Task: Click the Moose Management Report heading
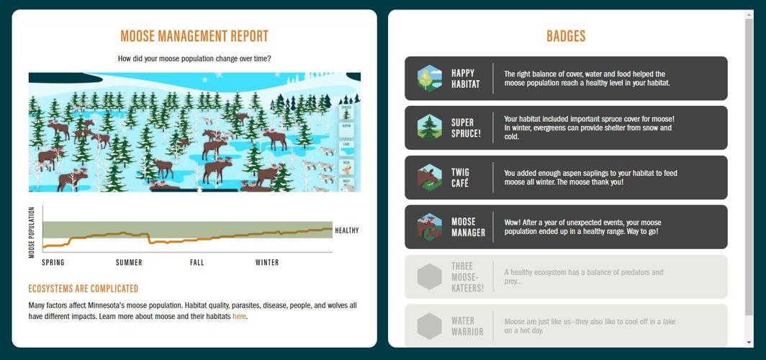pyautogui.click(x=194, y=36)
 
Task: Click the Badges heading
pyautogui.click(x=566, y=36)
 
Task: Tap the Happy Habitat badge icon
pyautogui.click(x=430, y=78)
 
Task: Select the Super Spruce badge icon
pyautogui.click(x=430, y=128)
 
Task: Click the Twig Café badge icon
pyautogui.click(x=430, y=178)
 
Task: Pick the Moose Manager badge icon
pyautogui.click(x=430, y=228)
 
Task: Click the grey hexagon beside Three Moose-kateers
pyautogui.click(x=430, y=277)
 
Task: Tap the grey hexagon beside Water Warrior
pyautogui.click(x=430, y=326)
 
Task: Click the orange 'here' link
pyautogui.click(x=239, y=317)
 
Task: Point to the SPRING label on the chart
pyautogui.click(x=53, y=263)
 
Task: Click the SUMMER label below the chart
pyautogui.click(x=129, y=263)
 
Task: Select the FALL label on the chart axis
pyautogui.click(x=197, y=263)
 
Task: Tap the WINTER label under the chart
pyautogui.click(x=267, y=263)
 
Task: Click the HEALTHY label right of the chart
pyautogui.click(x=346, y=230)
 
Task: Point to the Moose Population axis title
pyautogui.click(x=32, y=232)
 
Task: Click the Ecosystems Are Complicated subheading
pyautogui.click(x=84, y=289)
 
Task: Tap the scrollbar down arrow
pyautogui.click(x=749, y=342)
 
